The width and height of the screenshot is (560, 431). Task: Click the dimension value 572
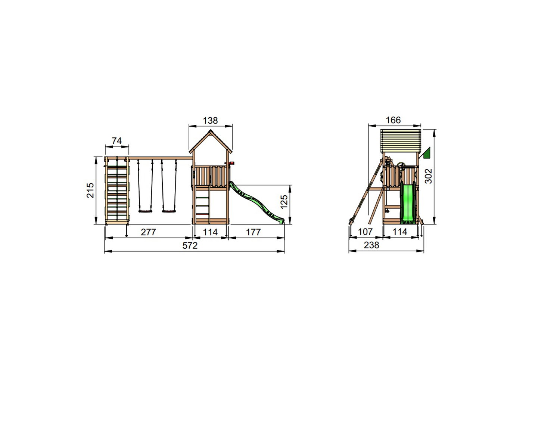click(190, 245)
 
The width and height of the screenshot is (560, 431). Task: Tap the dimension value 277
click(149, 232)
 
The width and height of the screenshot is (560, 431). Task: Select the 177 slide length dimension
click(253, 232)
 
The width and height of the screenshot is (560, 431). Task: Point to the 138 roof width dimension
click(210, 120)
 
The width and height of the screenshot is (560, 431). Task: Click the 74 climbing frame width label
click(117, 141)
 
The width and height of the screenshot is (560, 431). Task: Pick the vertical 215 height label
click(90, 190)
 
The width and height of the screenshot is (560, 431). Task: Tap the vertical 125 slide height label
click(284, 202)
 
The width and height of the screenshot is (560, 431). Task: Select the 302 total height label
click(428, 176)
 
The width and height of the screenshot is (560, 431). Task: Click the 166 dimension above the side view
click(393, 120)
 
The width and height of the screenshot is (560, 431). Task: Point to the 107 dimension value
click(365, 232)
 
